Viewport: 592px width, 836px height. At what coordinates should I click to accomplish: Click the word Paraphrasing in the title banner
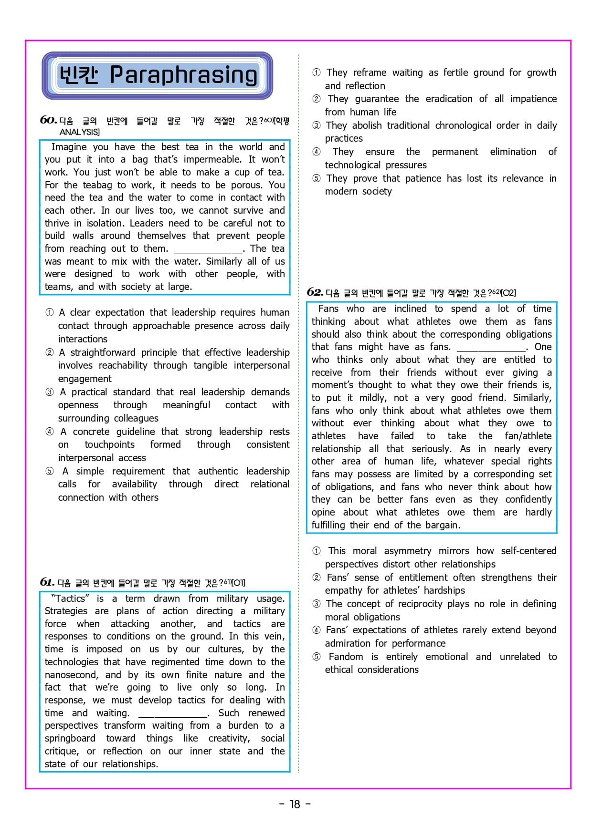click(x=183, y=75)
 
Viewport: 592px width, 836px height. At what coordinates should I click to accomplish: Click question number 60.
click(x=48, y=120)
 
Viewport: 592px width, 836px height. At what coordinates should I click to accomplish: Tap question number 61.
click(x=47, y=582)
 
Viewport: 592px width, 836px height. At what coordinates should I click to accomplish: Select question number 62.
click(x=315, y=292)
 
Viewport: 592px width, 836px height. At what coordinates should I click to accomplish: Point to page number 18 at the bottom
click(x=295, y=804)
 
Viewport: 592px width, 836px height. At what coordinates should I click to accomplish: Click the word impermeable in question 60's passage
click(x=212, y=159)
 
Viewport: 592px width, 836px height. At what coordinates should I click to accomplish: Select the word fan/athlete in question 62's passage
click(x=528, y=436)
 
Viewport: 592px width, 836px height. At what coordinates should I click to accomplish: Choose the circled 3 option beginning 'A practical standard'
click(x=50, y=392)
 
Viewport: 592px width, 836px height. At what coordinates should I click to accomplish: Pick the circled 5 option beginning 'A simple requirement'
click(x=50, y=471)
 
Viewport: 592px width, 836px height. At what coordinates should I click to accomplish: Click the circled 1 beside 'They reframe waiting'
click(x=316, y=72)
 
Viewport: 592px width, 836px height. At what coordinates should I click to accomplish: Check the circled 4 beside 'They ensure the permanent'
click(x=316, y=152)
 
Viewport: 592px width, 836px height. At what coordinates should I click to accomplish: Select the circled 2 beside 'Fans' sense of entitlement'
click(x=316, y=578)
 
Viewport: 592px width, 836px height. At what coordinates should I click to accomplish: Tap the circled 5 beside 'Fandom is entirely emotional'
click(x=316, y=657)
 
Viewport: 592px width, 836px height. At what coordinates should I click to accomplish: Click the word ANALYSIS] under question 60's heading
click(x=80, y=132)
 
